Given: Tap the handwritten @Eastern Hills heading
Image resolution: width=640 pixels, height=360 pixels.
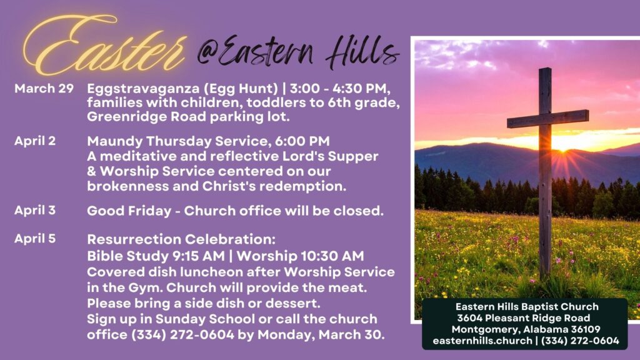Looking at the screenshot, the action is coord(298,52).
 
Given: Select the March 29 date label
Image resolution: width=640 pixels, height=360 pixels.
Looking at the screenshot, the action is coord(44,88).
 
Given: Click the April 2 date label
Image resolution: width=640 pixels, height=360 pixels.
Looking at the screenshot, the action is coord(35,141).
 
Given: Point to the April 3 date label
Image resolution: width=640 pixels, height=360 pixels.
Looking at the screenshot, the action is coord(35,210).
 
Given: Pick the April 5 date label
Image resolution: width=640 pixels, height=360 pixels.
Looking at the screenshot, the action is coord(35,238).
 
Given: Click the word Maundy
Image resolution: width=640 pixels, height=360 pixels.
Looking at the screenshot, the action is coord(115,142).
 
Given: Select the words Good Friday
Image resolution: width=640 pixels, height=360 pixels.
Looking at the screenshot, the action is coord(129,211).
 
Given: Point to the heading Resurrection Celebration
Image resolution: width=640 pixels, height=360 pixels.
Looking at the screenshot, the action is coord(181,239).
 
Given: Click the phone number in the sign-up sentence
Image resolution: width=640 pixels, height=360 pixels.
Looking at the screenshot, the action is coord(183,335).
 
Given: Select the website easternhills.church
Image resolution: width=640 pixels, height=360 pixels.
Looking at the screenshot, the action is coord(482,341).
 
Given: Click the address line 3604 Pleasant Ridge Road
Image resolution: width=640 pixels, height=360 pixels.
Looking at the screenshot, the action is coord(523,318).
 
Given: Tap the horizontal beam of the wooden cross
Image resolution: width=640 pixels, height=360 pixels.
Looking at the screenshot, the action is coord(547,118).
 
